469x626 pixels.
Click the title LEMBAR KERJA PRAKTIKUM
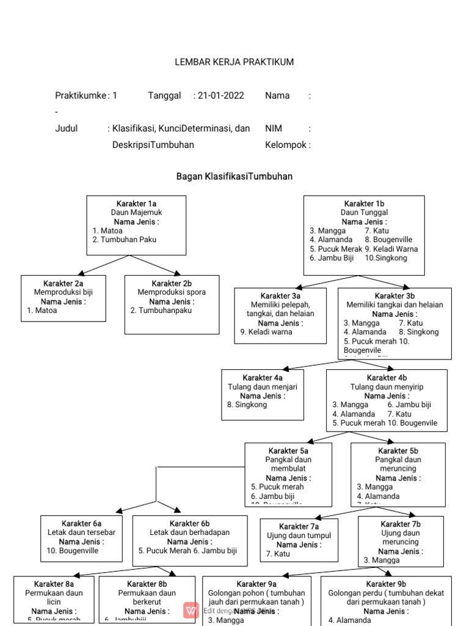pyautogui.click(x=234, y=62)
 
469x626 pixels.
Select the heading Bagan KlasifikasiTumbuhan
pyautogui.click(x=234, y=176)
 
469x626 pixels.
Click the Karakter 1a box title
pyautogui.click(x=137, y=204)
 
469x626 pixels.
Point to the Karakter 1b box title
pyautogui.click(x=364, y=204)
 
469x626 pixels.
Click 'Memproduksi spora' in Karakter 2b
pyautogui.click(x=172, y=292)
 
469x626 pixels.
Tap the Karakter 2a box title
pyautogui.click(x=63, y=283)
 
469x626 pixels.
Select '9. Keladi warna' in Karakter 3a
pyautogui.click(x=266, y=332)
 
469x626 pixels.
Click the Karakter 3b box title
pyautogui.click(x=394, y=296)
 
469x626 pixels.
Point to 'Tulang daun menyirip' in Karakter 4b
pyautogui.click(x=387, y=387)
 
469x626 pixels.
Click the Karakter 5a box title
pyautogui.click(x=288, y=451)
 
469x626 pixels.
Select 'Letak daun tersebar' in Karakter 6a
pyautogui.click(x=81, y=532)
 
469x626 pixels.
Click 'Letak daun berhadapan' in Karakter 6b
pyautogui.click(x=190, y=532)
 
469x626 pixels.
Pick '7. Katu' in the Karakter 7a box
pyautogui.click(x=278, y=554)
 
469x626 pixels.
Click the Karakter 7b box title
pyautogui.click(x=401, y=524)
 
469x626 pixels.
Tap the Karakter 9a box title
pyautogui.click(x=256, y=584)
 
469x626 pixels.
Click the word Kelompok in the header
pyautogui.click(x=285, y=145)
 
